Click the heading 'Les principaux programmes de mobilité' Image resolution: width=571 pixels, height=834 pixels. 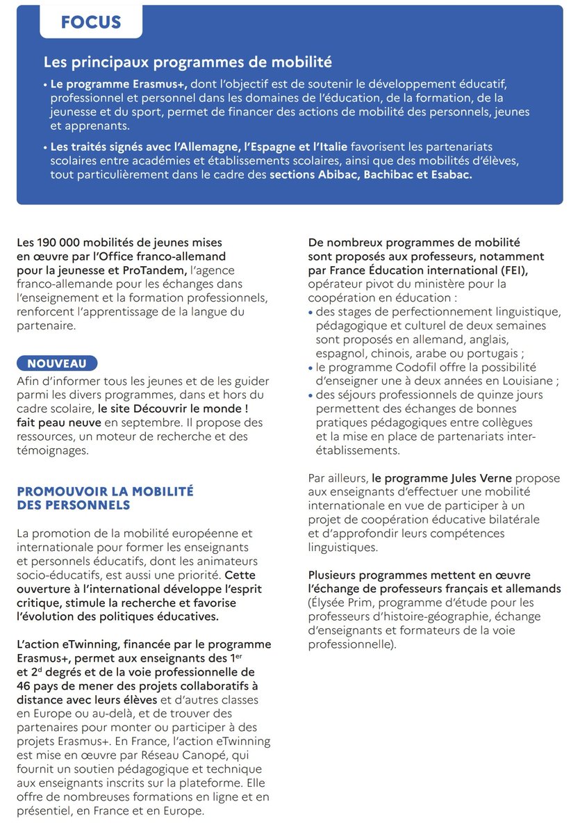[188, 63]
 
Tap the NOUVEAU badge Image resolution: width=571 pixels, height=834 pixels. [57, 363]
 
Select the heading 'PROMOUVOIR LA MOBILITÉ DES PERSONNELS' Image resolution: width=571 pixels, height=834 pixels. [105, 498]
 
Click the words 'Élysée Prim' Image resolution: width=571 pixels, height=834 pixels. [341, 603]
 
